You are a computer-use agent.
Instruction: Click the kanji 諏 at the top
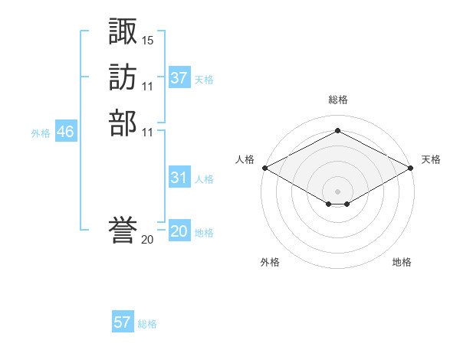coord(123,31)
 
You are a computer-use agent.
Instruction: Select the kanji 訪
coord(123,77)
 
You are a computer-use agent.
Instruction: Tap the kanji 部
coord(123,123)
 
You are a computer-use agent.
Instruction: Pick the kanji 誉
coord(123,230)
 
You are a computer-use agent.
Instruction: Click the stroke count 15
coord(147,41)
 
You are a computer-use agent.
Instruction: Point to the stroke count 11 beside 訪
coord(147,87)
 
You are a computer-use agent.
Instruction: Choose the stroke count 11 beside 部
coord(147,133)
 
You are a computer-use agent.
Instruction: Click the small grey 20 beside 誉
coord(147,240)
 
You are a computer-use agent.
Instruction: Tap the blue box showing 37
coord(179,77)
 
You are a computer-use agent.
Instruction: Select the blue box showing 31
coord(179,176)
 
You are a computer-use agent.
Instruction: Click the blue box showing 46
coord(66,130)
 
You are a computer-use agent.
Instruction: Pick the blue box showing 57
coord(123,321)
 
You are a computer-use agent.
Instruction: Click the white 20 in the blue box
coord(179,231)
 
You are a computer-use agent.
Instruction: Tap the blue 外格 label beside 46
coord(41,134)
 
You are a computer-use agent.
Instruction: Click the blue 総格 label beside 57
coord(147,324)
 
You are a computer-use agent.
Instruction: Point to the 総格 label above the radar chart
coord(338,100)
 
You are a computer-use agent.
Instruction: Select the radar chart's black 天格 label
coord(431,159)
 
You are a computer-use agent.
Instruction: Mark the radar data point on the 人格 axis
coord(265,168)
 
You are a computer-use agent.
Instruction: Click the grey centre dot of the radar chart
coord(337,191)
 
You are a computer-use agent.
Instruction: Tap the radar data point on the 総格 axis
coord(337,130)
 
